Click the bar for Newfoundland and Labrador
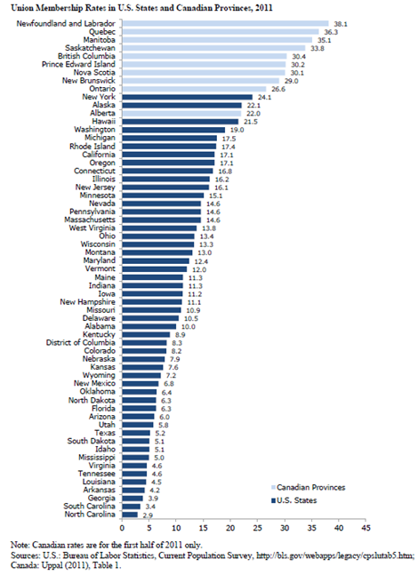[x=225, y=23]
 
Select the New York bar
[x=187, y=97]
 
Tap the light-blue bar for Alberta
[x=181, y=114]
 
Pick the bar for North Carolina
[x=130, y=515]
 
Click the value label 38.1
[x=341, y=24]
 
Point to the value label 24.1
[x=265, y=98]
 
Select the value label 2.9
[x=148, y=515]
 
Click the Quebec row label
[x=102, y=32]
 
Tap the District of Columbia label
[x=80, y=342]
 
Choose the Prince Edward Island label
[x=78, y=64]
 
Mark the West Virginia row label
[x=92, y=228]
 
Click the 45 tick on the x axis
[x=366, y=528]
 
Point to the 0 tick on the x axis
[x=122, y=528]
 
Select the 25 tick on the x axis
[x=257, y=528]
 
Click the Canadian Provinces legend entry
[x=308, y=487]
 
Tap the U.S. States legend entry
[x=293, y=500]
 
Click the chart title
[x=141, y=8]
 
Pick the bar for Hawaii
[x=181, y=122]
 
